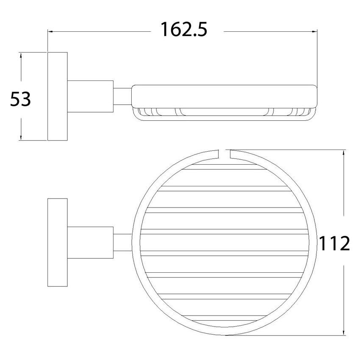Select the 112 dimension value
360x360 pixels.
point(334,244)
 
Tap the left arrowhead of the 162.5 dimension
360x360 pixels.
point(50,31)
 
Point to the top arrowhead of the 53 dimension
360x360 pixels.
point(20,56)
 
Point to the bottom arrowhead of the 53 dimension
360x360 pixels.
point(20,137)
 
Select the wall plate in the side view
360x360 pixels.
point(58,97)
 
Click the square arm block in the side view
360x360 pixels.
point(90,97)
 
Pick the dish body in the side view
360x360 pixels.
point(224,96)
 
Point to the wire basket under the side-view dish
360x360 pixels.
point(224,113)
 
